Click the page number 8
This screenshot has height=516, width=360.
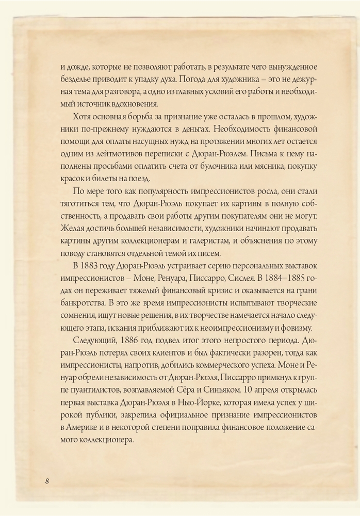click(47, 481)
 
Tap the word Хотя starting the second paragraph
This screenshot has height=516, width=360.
click(84, 116)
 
